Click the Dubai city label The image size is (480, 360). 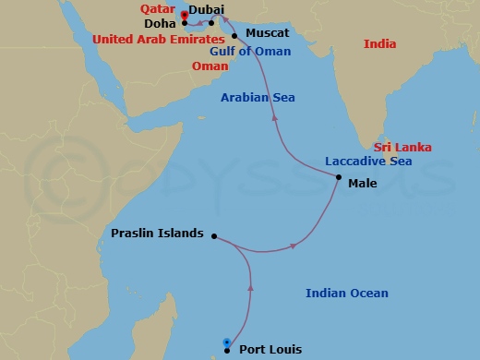click(208, 9)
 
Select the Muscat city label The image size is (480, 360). click(268, 33)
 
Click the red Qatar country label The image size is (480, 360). click(158, 9)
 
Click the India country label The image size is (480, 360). click(379, 43)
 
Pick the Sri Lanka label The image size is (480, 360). click(402, 147)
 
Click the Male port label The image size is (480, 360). click(362, 183)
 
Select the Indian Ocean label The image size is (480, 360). click(347, 294)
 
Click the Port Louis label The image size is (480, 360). click(270, 349)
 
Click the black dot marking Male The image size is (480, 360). click(339, 177)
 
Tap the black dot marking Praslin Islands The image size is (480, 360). click(213, 235)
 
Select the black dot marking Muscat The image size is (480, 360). click(235, 35)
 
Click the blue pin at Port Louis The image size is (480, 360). click(226, 344)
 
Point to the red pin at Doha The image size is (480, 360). click(184, 15)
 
